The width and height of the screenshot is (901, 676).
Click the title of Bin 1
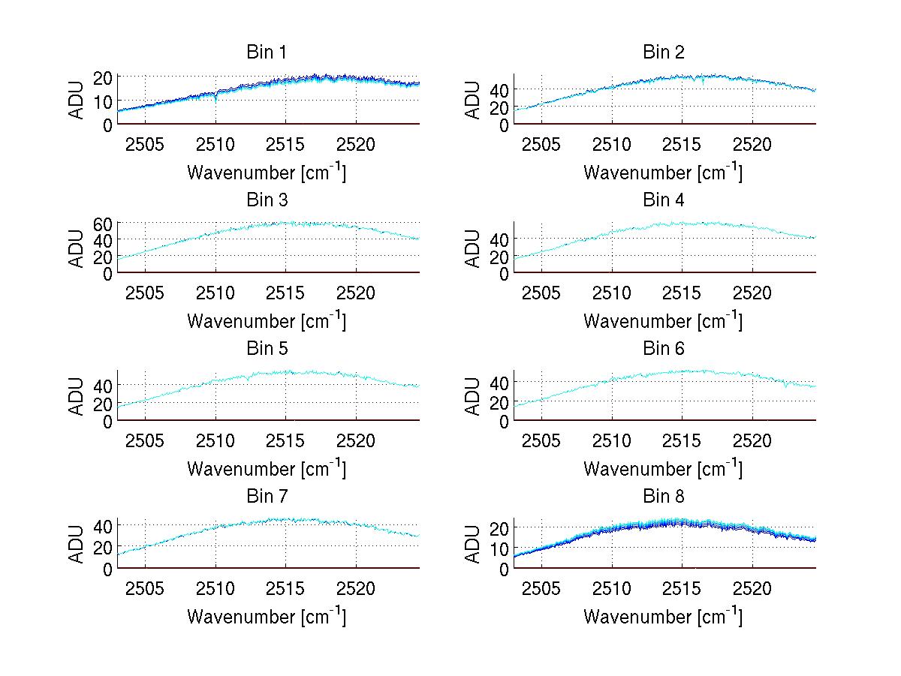pyautogui.click(x=267, y=53)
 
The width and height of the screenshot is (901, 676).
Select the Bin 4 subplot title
pyautogui.click(x=664, y=200)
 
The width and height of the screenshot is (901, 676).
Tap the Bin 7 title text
pyautogui.click(x=267, y=497)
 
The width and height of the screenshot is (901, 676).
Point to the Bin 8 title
pyautogui.click(x=664, y=497)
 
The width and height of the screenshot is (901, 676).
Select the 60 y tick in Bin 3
pyautogui.click(x=103, y=223)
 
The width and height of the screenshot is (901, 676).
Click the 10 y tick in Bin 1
pyautogui.click(x=103, y=101)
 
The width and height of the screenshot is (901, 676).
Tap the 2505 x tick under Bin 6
pyautogui.click(x=541, y=440)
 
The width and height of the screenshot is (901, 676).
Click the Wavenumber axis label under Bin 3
pyautogui.click(x=267, y=320)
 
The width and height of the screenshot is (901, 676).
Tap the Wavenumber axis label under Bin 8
pyautogui.click(x=663, y=617)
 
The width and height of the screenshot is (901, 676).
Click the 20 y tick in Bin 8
pyautogui.click(x=499, y=527)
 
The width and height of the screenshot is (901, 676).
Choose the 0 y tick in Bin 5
pyautogui.click(x=108, y=422)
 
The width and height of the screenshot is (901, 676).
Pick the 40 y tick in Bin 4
pyautogui.click(x=499, y=239)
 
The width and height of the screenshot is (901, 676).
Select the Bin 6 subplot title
pyautogui.click(x=664, y=349)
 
